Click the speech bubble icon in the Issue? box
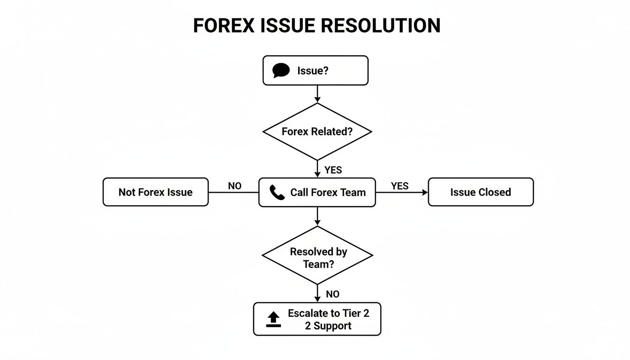281,70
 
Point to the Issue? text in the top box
313,71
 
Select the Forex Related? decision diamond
317,132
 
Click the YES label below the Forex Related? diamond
333,170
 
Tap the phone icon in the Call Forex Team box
277,192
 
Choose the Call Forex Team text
328,192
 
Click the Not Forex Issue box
155,192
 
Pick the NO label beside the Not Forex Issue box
234,186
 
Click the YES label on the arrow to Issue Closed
399,186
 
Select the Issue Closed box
480,192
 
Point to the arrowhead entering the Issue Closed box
425,192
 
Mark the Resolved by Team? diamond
317,255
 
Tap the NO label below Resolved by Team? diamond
332,294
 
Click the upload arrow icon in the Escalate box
273,319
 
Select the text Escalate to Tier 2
328,314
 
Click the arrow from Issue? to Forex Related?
317,94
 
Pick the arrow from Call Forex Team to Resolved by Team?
317,216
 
